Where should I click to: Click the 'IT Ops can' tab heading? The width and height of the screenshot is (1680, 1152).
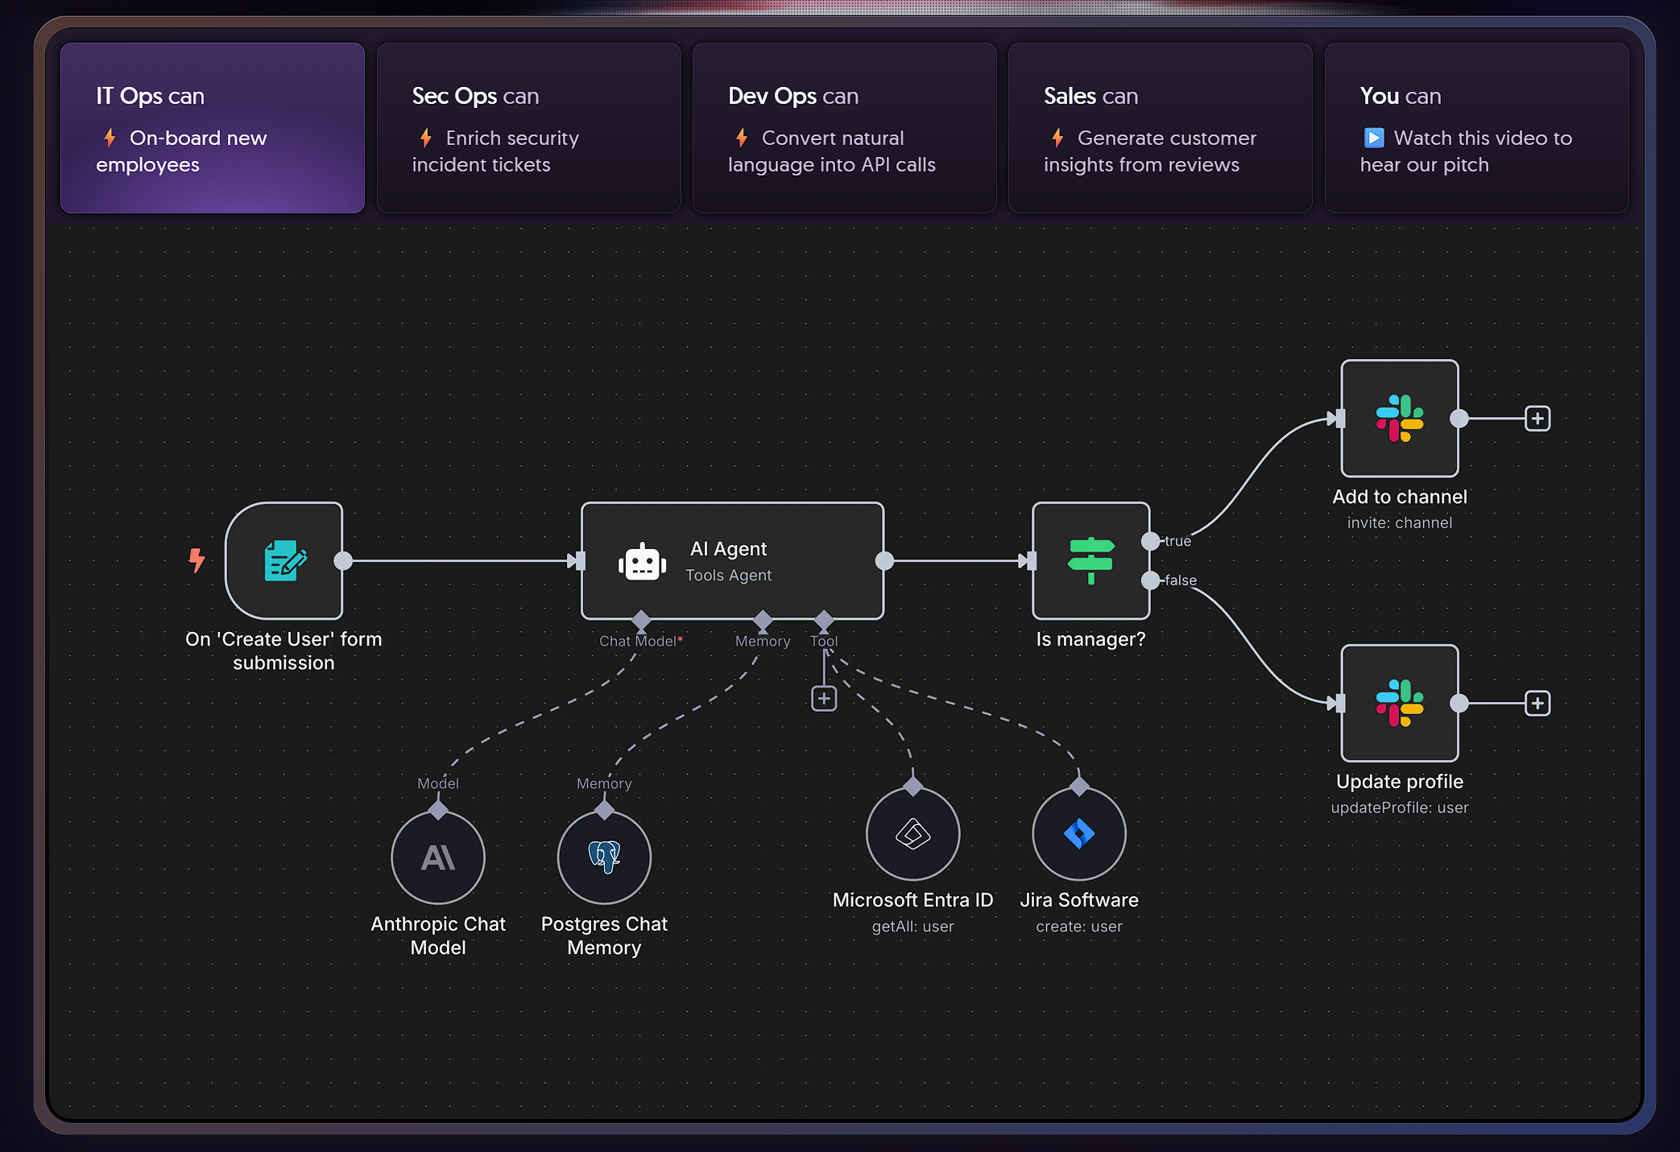click(x=150, y=96)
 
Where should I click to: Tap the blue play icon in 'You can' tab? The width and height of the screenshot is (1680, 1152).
click(x=1373, y=138)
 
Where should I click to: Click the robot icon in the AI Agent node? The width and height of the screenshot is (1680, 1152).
click(x=642, y=562)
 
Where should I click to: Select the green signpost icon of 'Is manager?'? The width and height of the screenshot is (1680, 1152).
click(x=1090, y=560)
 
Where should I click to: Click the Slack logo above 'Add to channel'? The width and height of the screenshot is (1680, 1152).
click(x=1399, y=418)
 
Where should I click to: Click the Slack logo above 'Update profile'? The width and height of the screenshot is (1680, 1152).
click(x=1399, y=703)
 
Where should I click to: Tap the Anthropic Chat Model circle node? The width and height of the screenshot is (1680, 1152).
click(x=438, y=857)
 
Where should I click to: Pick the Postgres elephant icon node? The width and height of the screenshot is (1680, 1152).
click(x=604, y=857)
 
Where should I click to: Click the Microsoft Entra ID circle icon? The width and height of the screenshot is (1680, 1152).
click(x=912, y=834)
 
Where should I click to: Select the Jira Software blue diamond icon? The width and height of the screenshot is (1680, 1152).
click(x=1078, y=834)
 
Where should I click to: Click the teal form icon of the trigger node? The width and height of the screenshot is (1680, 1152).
click(x=284, y=560)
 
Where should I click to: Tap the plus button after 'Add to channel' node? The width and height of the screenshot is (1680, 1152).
click(x=1537, y=419)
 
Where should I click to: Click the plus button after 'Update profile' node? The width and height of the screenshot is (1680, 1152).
click(x=1537, y=703)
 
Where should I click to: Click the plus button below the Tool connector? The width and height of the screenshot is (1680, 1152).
click(x=823, y=698)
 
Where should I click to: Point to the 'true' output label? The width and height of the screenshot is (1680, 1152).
click(x=1177, y=541)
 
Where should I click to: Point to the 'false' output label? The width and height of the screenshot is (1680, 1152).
click(x=1180, y=580)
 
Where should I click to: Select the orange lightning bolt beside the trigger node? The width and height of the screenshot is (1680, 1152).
click(x=197, y=559)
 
